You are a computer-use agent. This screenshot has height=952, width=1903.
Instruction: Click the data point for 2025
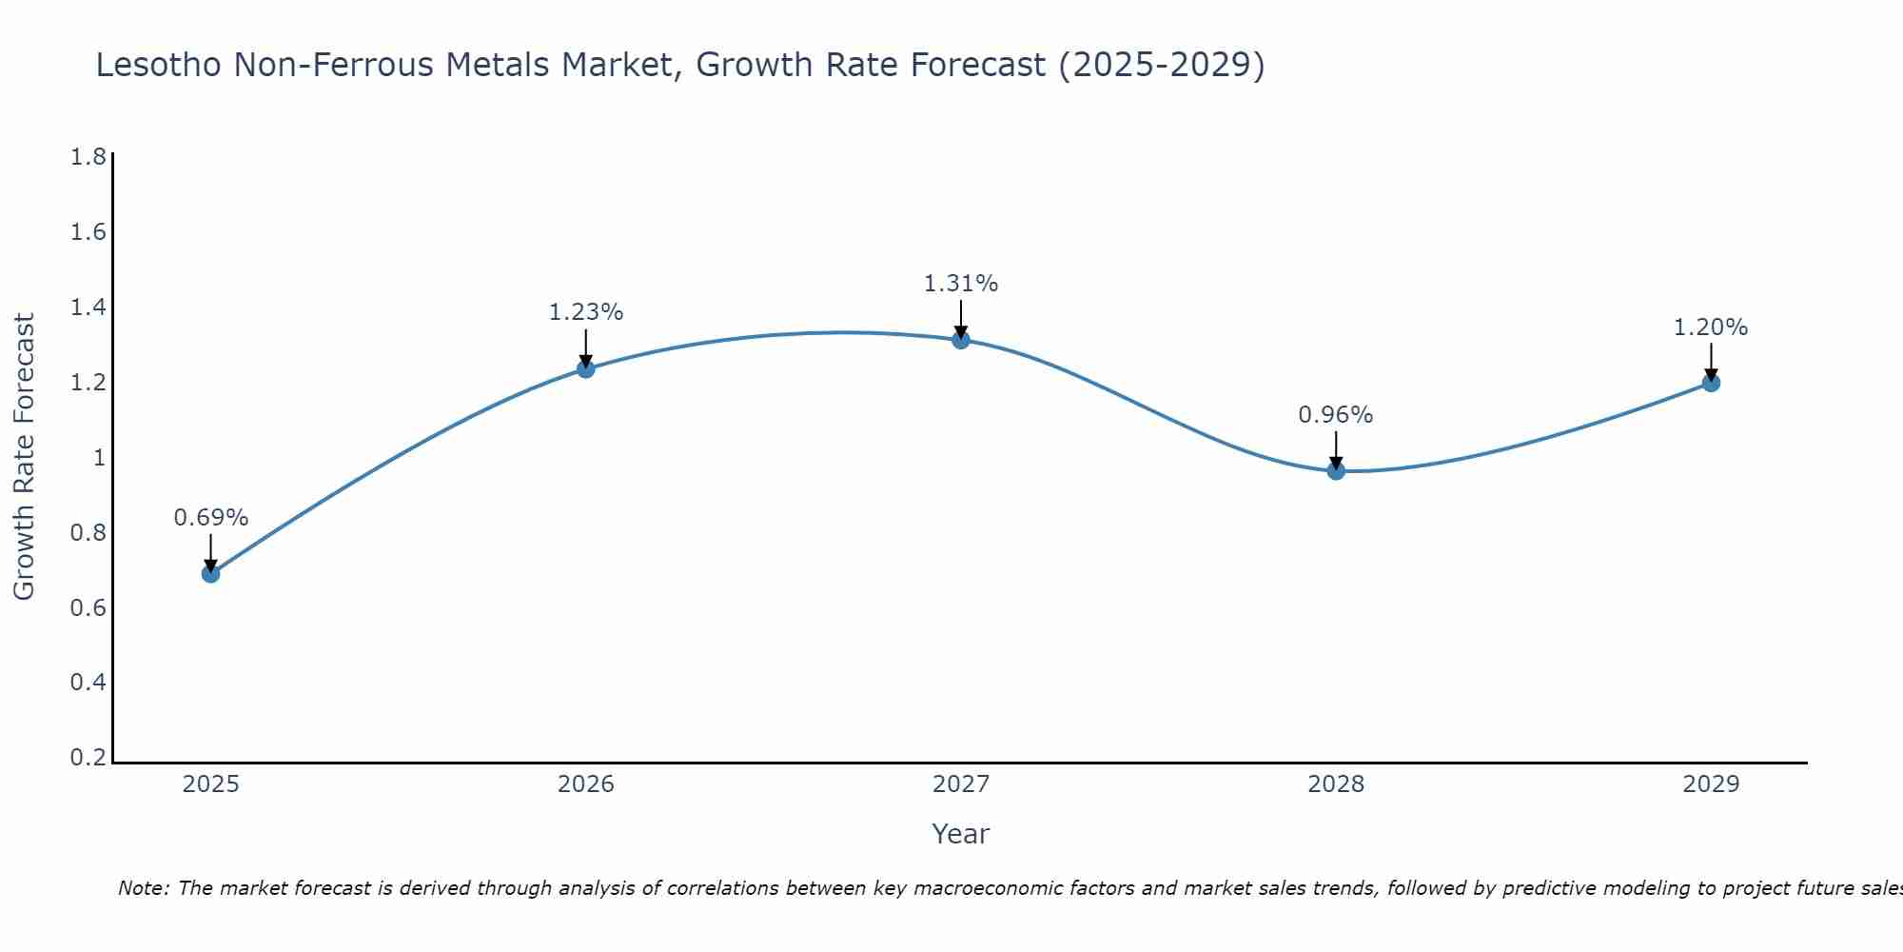point(211,573)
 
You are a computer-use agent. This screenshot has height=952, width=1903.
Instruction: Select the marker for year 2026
point(586,368)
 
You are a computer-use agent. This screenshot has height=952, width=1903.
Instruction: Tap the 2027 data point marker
point(961,339)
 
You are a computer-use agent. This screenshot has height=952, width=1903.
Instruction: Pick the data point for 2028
point(1336,470)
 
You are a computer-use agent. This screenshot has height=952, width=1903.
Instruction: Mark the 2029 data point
point(1711,383)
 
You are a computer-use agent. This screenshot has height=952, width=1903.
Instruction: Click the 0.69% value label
point(211,518)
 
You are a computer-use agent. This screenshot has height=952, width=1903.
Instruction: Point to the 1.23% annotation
point(586,312)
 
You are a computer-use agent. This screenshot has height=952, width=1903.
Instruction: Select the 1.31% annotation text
point(961,284)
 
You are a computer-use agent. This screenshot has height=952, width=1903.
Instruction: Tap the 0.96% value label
point(1336,415)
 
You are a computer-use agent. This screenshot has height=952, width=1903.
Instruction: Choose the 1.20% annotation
point(1711,327)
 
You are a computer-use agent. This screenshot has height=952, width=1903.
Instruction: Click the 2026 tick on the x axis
point(586,784)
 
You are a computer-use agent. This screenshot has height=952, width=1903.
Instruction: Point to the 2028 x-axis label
point(1336,784)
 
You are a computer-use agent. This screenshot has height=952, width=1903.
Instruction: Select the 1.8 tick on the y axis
point(88,157)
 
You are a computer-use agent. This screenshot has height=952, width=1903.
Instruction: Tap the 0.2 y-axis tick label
point(88,758)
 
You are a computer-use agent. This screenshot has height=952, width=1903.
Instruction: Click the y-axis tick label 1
point(98,458)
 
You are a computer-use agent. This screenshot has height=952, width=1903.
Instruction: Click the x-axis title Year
point(961,834)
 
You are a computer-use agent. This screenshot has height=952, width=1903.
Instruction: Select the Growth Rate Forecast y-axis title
point(24,457)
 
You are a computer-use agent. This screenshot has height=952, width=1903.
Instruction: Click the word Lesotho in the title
point(158,65)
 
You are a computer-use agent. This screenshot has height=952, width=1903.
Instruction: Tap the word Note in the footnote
point(143,888)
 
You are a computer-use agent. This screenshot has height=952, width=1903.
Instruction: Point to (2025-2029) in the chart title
point(1162,65)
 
